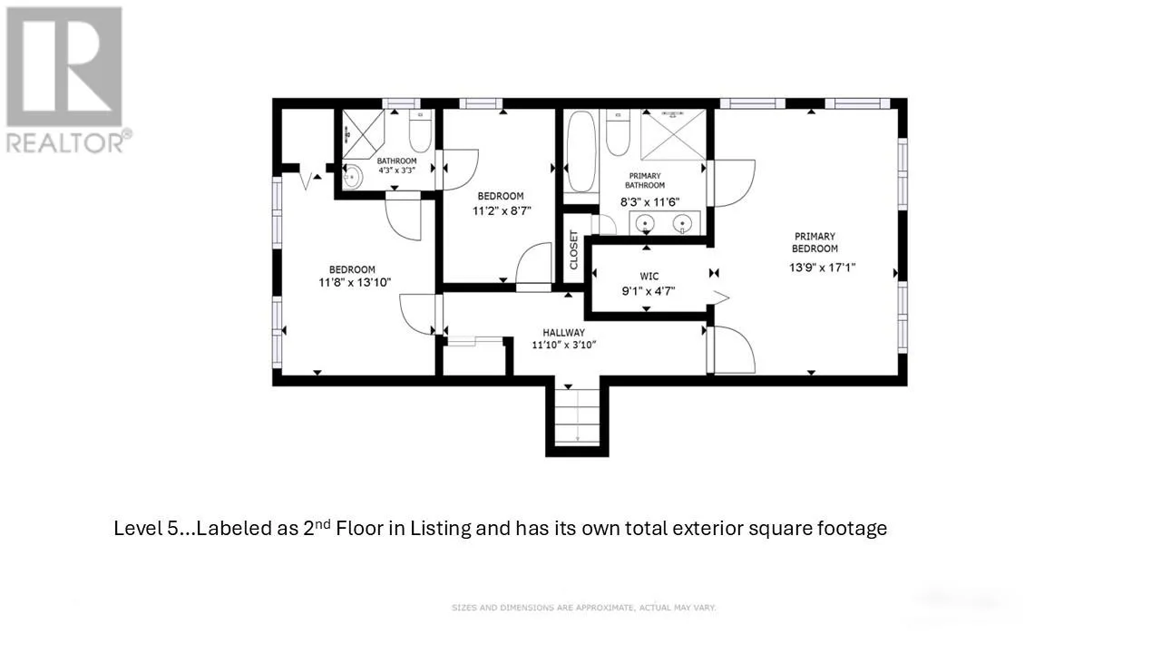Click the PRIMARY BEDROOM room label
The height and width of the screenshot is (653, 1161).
tap(815, 242)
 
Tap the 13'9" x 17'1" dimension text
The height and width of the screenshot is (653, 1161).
tap(822, 268)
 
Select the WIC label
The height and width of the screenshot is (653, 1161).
tap(649, 277)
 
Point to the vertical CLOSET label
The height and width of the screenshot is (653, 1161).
tap(574, 249)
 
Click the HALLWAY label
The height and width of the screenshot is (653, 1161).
tap(564, 333)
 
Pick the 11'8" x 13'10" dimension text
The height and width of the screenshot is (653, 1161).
tap(355, 282)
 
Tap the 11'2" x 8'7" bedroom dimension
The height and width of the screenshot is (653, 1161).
tap(502, 211)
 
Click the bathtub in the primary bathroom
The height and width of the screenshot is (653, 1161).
tap(581, 151)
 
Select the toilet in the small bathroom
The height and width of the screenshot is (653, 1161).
tap(420, 131)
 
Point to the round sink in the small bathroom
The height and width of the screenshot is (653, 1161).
tap(353, 177)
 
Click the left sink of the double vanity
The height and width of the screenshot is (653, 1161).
tap(645, 224)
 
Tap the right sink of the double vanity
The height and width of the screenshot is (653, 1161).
tap(683, 224)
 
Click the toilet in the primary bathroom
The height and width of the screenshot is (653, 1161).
tap(618, 132)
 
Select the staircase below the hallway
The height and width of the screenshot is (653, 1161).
tap(577, 417)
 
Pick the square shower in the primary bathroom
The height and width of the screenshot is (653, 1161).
tap(673, 135)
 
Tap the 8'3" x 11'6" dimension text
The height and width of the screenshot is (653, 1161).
tap(650, 202)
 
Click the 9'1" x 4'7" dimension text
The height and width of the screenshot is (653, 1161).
tap(649, 291)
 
